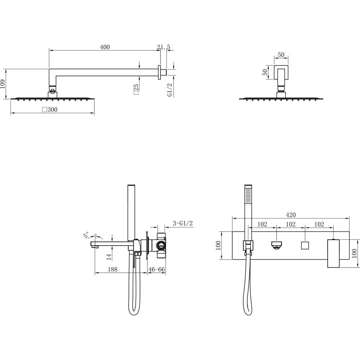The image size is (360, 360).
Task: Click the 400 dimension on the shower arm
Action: [105, 47]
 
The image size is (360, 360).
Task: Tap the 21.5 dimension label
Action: [164, 47]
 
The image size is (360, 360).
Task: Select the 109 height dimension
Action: [3, 85]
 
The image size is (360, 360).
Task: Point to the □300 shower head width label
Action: [50, 109]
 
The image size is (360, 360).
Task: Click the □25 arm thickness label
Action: [136, 89]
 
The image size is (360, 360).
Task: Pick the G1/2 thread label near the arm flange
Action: [170, 90]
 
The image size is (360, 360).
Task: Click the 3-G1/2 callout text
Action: [183, 223]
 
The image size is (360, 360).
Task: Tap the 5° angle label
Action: [86, 235]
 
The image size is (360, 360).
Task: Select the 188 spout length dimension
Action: [112, 269]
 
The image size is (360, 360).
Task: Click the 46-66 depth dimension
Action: [157, 269]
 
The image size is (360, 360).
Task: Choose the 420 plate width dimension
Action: [291, 215]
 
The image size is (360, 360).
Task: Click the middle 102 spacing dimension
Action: [291, 224]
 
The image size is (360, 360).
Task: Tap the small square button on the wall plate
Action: [305, 245]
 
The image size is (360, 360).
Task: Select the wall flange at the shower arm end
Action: [159, 72]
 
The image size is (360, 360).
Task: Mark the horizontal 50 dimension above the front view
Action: [281, 55]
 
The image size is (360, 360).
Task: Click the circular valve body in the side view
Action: [161, 245]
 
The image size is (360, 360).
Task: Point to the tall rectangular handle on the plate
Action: [333, 253]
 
